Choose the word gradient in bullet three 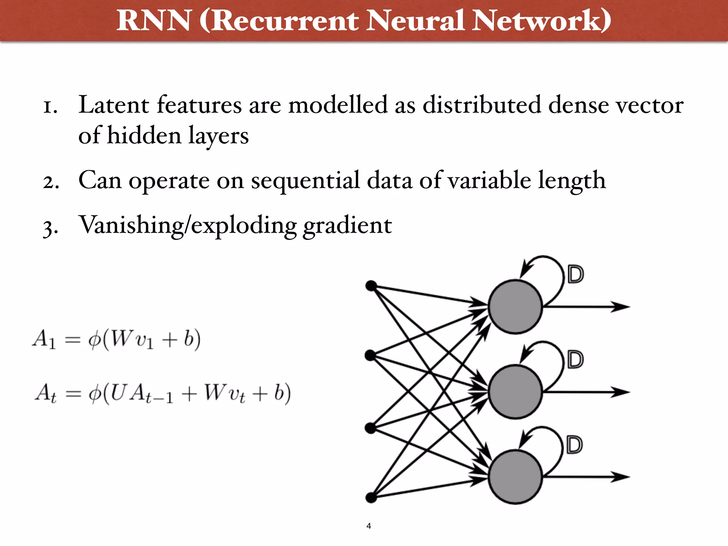pyautogui.click(x=347, y=226)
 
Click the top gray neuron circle pyautogui.click(x=515, y=306)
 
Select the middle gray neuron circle pyautogui.click(x=515, y=392)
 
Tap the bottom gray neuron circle pyautogui.click(x=515, y=477)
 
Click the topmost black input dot pyautogui.click(x=371, y=285)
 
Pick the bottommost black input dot pyautogui.click(x=371, y=498)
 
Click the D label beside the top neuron pyautogui.click(x=576, y=274)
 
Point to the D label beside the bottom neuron pyautogui.click(x=575, y=445)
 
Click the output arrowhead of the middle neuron pyautogui.click(x=620, y=392)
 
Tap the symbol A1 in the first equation pyautogui.click(x=44, y=339)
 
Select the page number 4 pyautogui.click(x=369, y=526)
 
